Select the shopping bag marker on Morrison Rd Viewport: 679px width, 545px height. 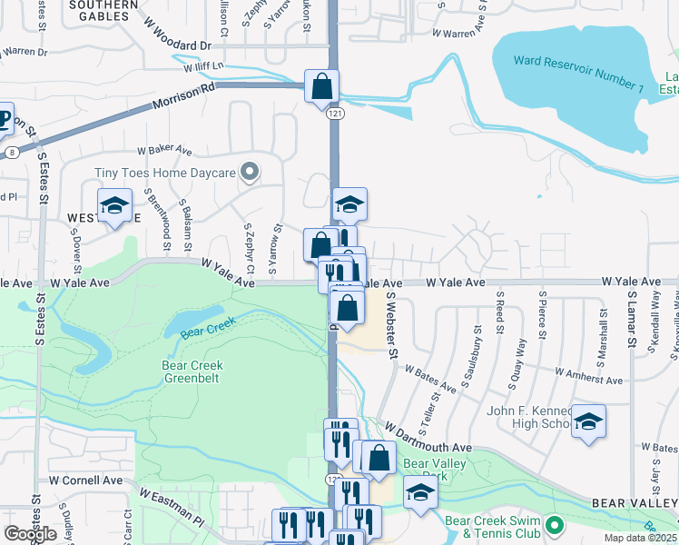[321, 87]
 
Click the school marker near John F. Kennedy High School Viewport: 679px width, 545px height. [588, 422]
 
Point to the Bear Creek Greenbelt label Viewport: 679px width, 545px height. [192, 372]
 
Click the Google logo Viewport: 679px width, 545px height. [30, 534]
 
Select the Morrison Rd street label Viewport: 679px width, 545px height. [184, 94]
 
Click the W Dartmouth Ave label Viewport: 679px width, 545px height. [428, 437]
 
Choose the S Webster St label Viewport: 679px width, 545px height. [393, 324]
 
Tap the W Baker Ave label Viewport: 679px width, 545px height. [164, 150]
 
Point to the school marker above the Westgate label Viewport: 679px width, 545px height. [114, 206]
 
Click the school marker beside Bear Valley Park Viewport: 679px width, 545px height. [419, 492]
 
